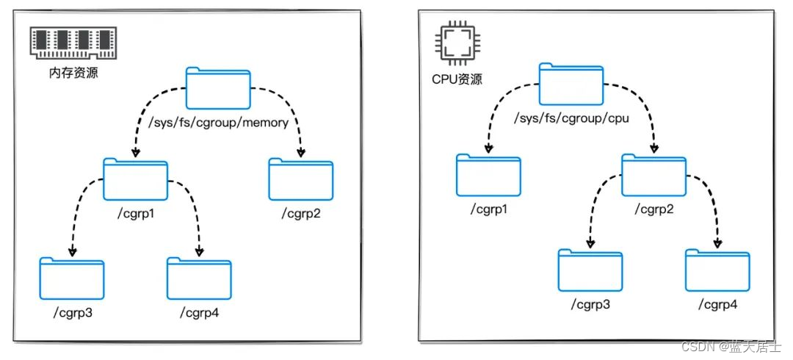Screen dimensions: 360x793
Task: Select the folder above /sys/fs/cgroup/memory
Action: point(218,88)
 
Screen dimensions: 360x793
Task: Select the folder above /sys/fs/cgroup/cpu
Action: point(571,84)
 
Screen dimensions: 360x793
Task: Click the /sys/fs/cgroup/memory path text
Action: point(219,123)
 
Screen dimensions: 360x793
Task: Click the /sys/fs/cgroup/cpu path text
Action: point(572,118)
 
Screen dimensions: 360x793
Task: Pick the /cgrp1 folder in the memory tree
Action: point(136,179)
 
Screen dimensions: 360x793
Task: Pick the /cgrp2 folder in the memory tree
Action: point(301,179)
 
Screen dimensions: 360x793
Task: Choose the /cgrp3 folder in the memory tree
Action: point(72,278)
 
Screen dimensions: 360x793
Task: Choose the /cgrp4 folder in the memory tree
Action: point(199,278)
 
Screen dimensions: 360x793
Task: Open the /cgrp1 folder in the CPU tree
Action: point(488,175)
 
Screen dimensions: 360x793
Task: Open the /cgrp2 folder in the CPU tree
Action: point(653,175)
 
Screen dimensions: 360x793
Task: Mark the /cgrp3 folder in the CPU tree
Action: point(590,270)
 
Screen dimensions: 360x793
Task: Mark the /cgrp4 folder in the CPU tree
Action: point(718,270)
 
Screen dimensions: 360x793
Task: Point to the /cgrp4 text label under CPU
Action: point(718,304)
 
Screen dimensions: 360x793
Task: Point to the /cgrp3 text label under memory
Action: point(72,313)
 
